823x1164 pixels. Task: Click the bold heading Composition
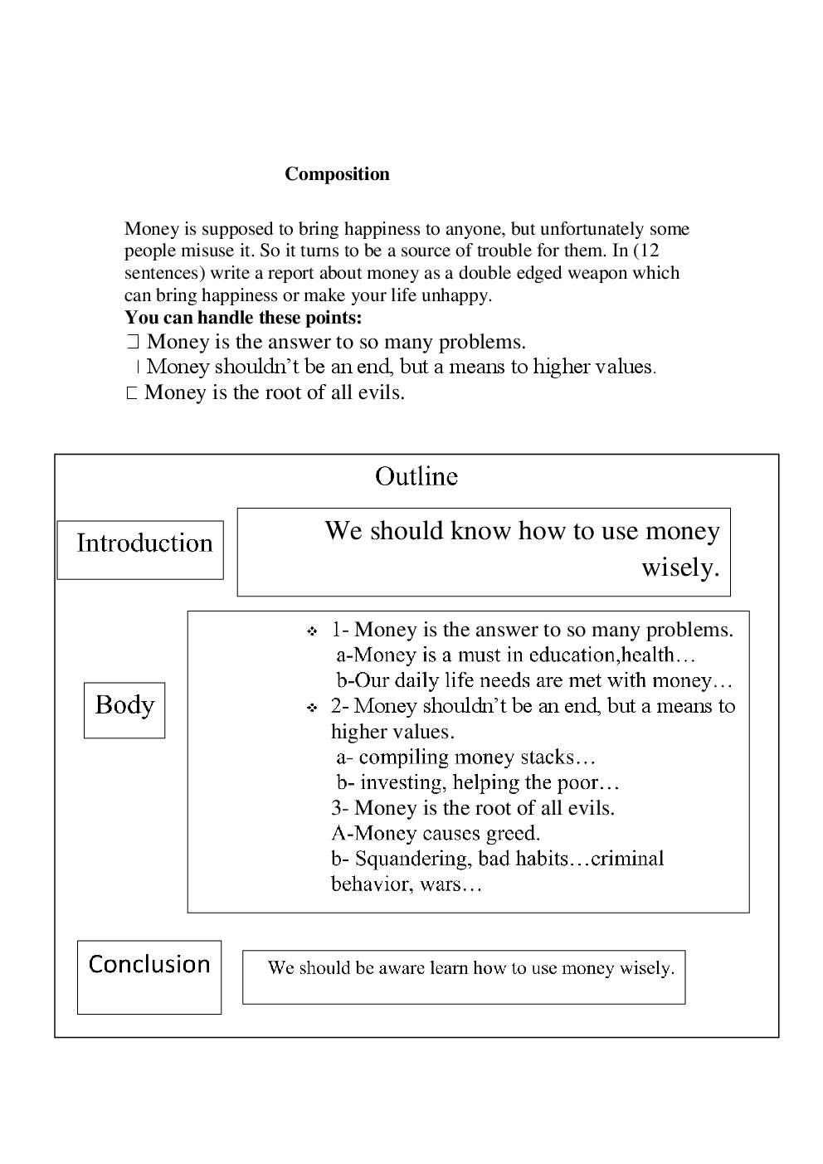tap(337, 174)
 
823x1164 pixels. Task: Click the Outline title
tap(416, 476)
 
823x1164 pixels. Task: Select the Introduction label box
tap(140, 549)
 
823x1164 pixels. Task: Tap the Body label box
tap(124, 709)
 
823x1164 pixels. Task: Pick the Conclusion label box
tap(149, 976)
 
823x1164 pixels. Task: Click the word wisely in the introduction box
tap(679, 568)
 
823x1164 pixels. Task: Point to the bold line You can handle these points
tap(243, 318)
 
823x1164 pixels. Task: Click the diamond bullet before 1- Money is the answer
tap(312, 632)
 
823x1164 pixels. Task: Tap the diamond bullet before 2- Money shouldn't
tap(312, 709)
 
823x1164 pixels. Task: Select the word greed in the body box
tap(514, 833)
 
